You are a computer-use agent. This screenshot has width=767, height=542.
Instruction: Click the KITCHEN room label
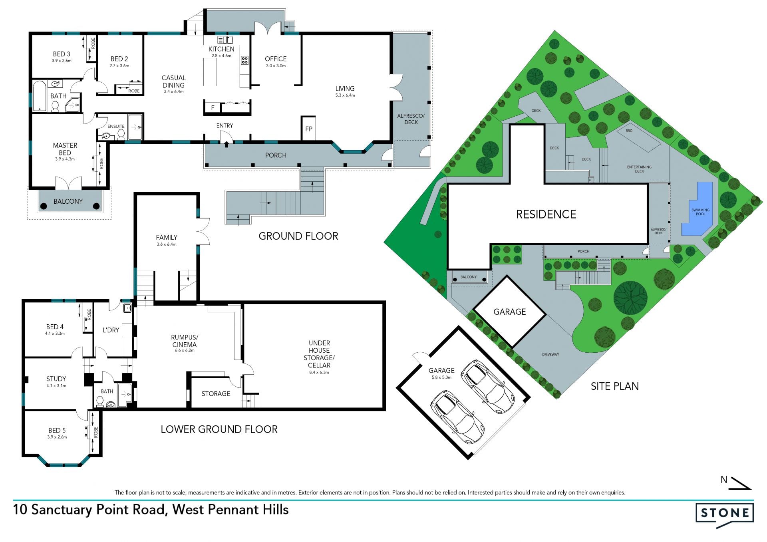pos(221,49)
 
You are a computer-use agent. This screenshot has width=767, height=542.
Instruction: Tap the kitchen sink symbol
pos(225,40)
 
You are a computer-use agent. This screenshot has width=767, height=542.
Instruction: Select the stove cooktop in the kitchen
pos(244,60)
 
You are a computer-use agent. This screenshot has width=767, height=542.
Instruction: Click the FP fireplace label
pos(309,129)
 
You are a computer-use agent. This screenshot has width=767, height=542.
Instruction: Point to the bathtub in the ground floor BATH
pos(39,96)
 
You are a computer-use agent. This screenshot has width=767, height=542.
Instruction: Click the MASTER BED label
pos(65,149)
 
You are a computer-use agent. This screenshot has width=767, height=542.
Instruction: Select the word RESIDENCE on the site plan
pos(546,214)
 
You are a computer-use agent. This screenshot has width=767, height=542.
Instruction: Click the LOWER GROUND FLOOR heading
pos(219,429)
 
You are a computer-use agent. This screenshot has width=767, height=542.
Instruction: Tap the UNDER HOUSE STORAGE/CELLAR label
pos(319,354)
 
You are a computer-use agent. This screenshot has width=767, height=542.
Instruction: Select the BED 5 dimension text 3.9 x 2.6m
pos(57,437)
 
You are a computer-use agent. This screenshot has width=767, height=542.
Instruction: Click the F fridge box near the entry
pos(213,108)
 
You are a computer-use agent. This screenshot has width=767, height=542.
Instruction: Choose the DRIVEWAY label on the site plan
pos(550,355)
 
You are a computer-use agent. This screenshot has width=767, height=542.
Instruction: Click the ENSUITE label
pos(116,126)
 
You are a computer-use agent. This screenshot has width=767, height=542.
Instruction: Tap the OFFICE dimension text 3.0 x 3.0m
pos(276,66)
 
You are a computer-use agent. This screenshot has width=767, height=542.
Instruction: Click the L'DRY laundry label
pos(111,330)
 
